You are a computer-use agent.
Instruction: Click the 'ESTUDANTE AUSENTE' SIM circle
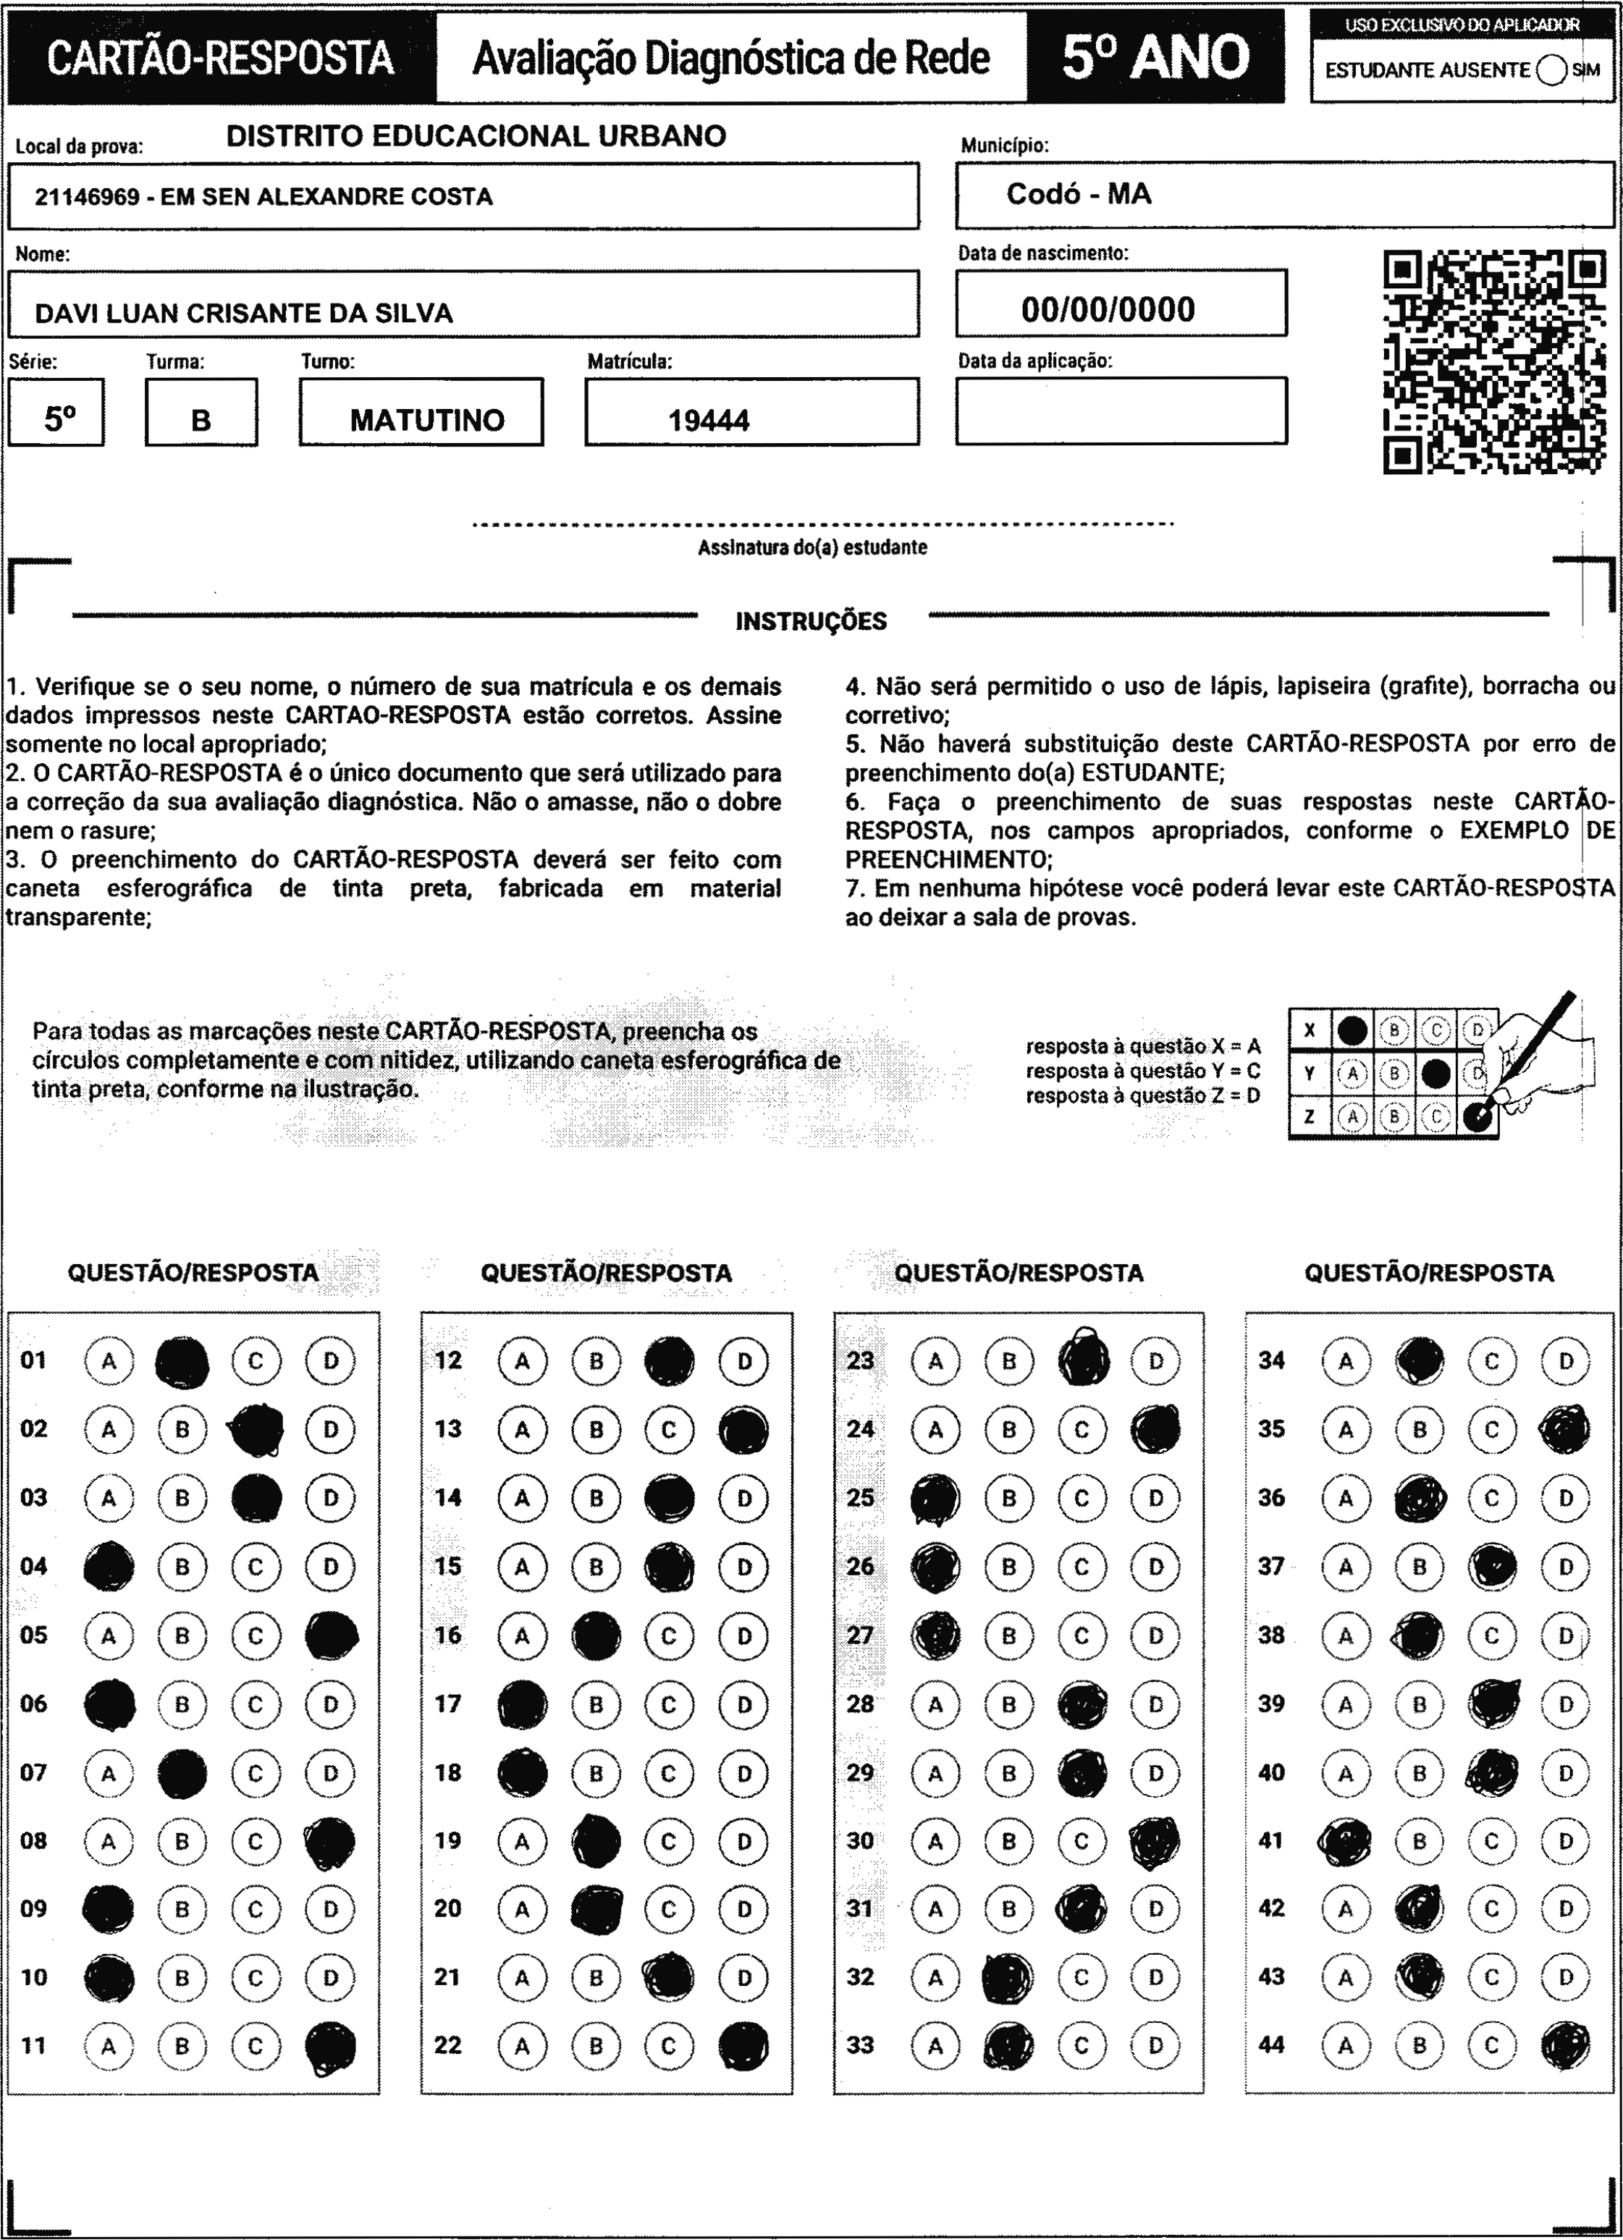click(x=1551, y=70)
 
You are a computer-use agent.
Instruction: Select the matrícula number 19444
click(x=708, y=421)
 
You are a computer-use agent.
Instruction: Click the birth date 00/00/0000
click(x=1108, y=310)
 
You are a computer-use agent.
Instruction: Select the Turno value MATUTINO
click(x=426, y=421)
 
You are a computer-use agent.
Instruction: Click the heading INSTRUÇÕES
click(x=811, y=621)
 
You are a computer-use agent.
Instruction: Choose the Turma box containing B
click(x=201, y=421)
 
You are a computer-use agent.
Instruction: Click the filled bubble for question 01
click(x=182, y=1362)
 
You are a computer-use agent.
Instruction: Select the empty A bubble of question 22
click(x=523, y=2045)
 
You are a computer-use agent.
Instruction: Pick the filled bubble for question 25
click(x=935, y=1498)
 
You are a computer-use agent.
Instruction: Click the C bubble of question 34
click(x=1492, y=1362)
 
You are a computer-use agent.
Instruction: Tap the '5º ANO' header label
click(x=1156, y=57)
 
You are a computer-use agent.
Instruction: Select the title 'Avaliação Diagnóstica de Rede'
click(x=731, y=58)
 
